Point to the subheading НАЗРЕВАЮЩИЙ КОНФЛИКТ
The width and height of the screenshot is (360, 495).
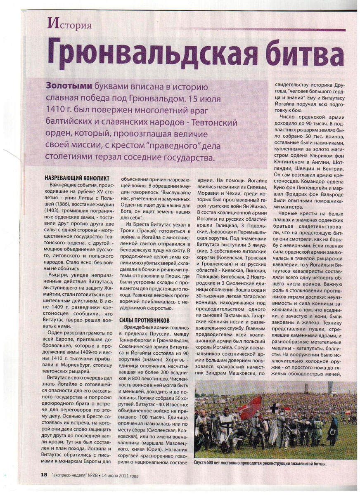tap(77, 178)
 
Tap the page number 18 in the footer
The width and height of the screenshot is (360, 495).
tap(44, 475)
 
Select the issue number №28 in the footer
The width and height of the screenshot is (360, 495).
tap(89, 475)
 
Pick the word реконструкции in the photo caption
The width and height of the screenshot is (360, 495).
tap(268, 464)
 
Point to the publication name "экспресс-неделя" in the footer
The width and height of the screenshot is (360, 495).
tap(66, 475)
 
